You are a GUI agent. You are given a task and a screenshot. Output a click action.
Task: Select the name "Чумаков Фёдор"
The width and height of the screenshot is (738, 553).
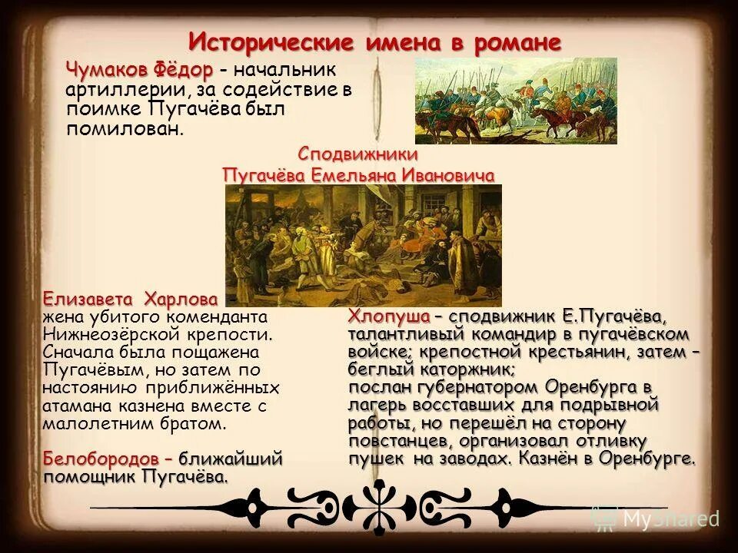(139, 70)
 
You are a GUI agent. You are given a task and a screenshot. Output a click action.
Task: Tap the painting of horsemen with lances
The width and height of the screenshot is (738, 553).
(516, 100)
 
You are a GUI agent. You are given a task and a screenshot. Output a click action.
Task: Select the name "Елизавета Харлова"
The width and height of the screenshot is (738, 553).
(130, 298)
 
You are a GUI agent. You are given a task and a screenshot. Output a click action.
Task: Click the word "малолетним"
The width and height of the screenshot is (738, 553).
(88, 423)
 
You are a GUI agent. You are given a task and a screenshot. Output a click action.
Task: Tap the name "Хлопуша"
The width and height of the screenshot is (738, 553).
(387, 316)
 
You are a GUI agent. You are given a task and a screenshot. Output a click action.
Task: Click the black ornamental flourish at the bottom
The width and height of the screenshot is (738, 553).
(377, 506)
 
